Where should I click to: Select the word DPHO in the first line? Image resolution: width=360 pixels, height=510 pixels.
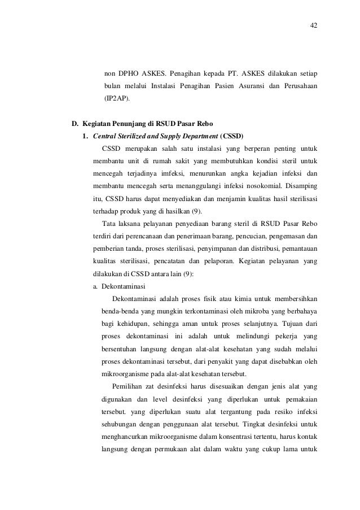point(130,74)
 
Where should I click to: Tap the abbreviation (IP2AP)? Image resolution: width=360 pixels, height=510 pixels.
point(116,98)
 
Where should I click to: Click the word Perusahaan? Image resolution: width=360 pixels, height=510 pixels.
point(297,86)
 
